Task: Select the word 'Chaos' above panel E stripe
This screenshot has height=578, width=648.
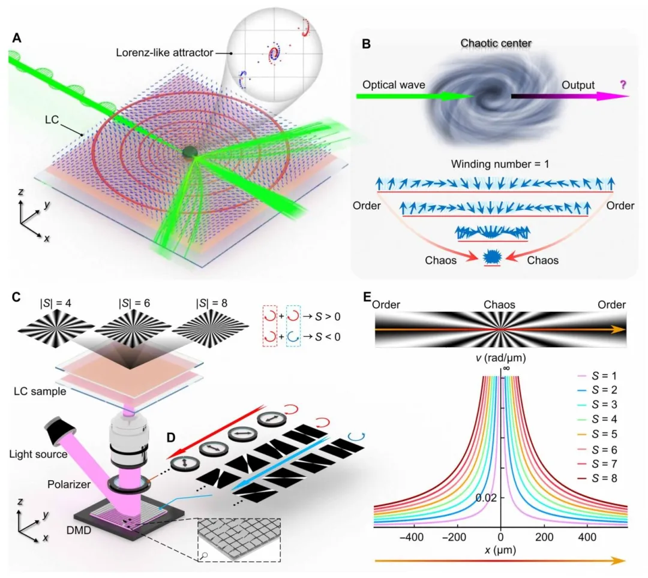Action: click(500, 305)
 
